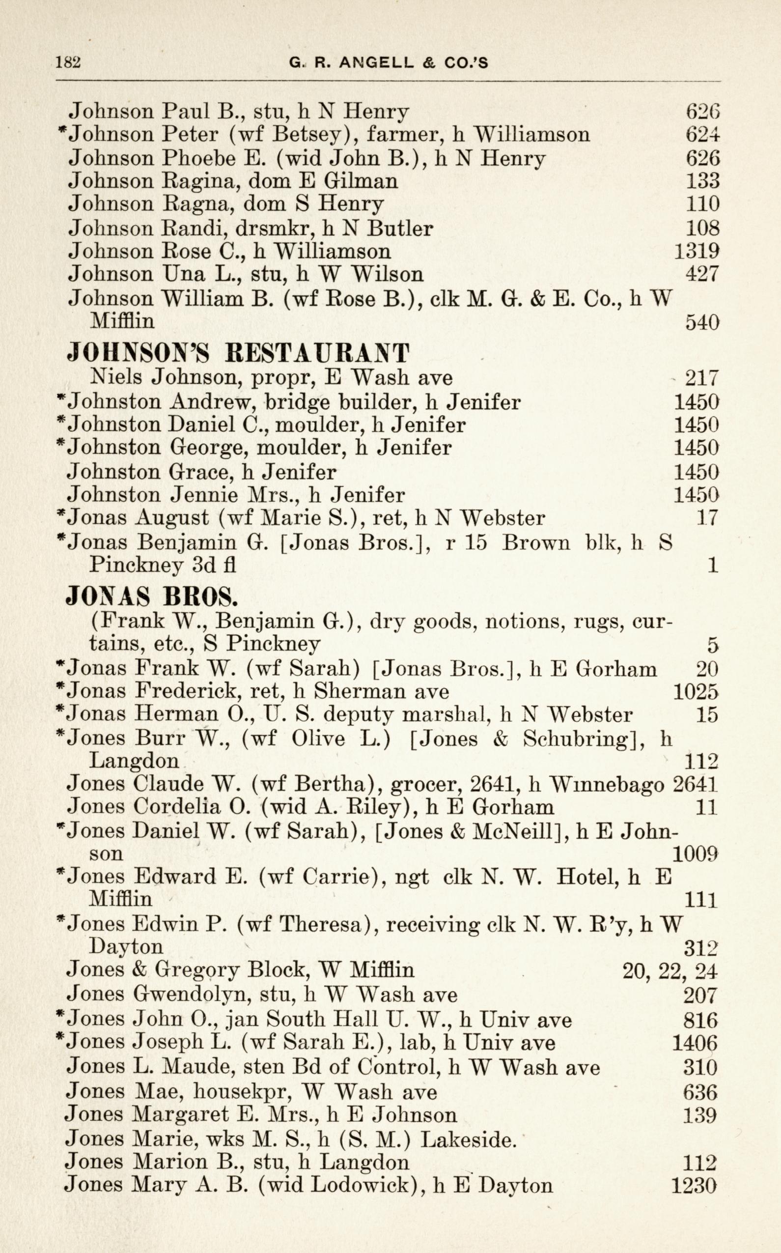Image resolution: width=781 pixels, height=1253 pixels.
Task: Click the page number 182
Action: (68, 62)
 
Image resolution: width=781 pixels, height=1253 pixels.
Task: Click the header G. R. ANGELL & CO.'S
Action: (389, 63)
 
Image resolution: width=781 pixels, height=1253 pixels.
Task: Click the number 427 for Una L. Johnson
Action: (702, 274)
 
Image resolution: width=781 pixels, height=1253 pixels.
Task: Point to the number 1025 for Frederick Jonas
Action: (696, 691)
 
